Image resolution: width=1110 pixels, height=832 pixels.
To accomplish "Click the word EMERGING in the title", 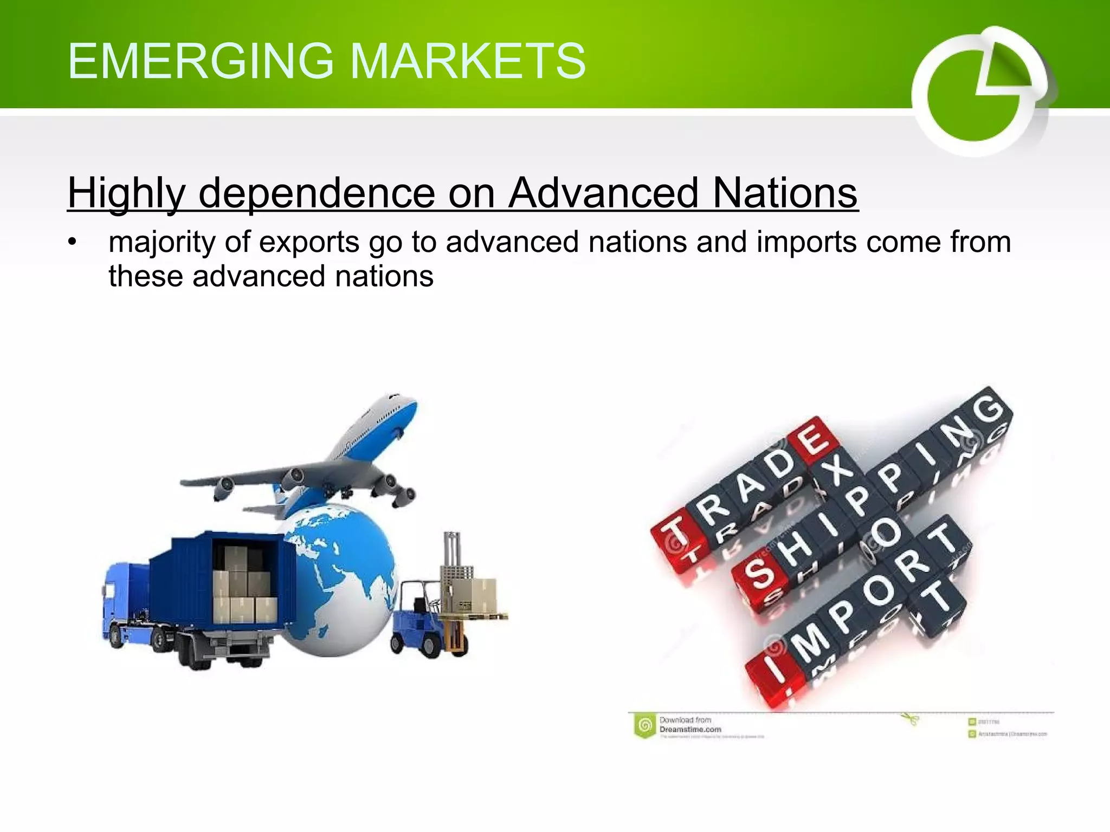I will [201, 61].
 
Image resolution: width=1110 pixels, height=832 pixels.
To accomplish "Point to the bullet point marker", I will [73, 242].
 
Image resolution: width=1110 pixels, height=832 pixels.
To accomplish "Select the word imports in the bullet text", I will [806, 242].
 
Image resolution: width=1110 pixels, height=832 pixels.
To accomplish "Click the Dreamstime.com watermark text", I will [690, 729].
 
